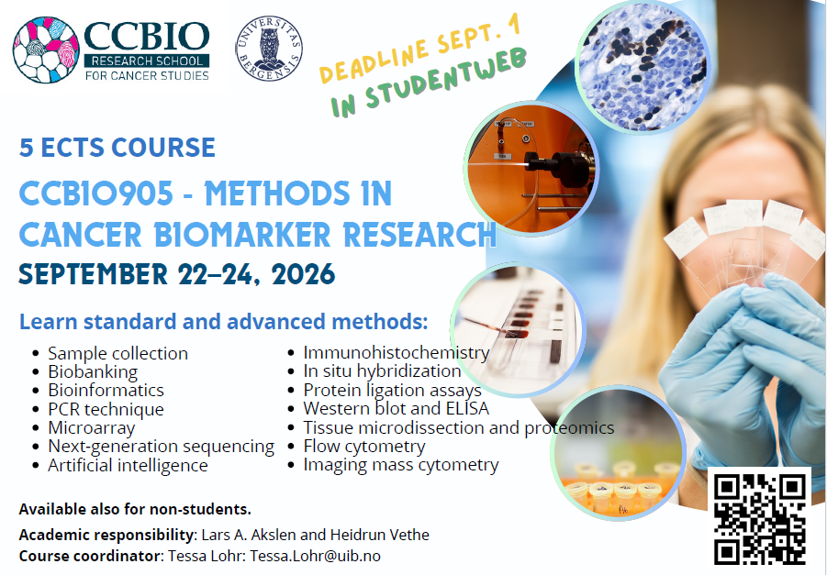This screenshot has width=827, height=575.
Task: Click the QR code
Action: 759,517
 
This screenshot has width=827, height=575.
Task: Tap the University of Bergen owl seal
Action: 269,49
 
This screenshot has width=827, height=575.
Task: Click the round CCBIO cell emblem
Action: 46,50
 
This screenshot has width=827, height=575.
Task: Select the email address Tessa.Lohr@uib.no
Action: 315,556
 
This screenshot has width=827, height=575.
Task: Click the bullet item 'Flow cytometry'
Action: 363,447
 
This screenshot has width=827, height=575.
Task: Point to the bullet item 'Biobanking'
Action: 93,372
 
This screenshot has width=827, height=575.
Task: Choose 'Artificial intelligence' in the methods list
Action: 128,465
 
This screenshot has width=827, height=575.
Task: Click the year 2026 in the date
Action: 304,274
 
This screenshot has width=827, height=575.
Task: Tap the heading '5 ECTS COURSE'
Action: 117,147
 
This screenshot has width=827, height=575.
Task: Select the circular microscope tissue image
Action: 643,66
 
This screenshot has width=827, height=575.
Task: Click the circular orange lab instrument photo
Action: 531,169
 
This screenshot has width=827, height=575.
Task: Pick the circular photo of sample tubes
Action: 618,453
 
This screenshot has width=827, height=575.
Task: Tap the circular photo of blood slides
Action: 518,329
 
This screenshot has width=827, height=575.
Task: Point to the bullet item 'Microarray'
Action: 91,428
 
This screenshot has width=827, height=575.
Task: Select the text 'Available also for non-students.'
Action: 135,509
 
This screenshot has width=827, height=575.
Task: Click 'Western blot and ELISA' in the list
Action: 397,408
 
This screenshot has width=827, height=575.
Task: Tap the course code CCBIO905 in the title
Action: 96,193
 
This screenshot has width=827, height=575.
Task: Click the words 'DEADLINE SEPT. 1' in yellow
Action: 420,47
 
